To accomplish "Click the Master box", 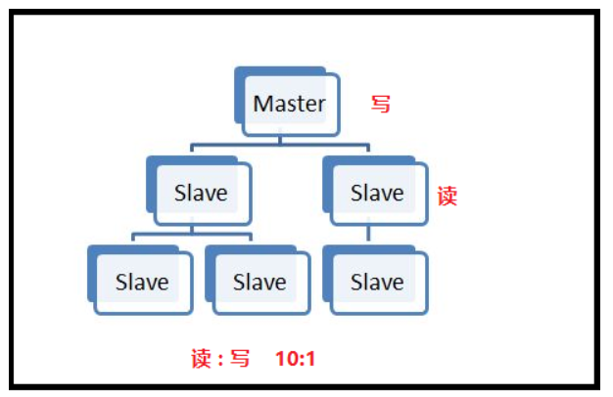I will [x=290, y=104].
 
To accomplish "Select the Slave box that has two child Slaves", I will [x=202, y=193].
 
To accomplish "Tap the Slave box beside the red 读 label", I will [x=377, y=193].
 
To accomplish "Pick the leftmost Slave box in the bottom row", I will [x=143, y=282].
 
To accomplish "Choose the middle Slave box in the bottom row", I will [x=259, y=282].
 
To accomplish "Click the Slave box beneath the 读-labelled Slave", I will [x=377, y=282].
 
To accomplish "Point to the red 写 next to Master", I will [x=381, y=104].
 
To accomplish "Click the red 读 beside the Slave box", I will [x=447, y=196].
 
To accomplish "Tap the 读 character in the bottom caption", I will [x=201, y=359].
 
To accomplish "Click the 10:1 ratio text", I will [x=295, y=359].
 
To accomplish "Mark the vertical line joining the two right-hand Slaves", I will [x=368, y=234].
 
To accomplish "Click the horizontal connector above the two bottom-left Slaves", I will [x=193, y=235].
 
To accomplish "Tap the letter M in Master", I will [x=262, y=104].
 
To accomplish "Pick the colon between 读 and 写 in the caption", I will [x=219, y=360].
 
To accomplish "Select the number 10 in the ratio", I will [x=286, y=359].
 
